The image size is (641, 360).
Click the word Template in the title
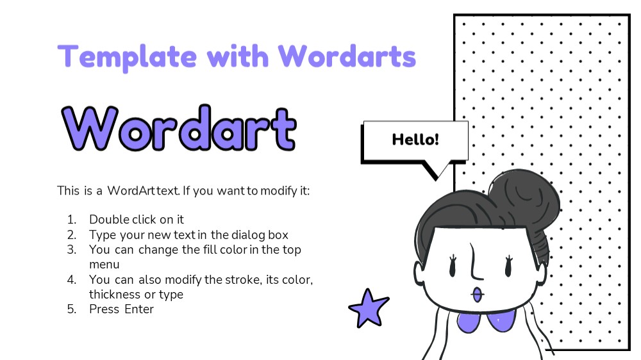tap(127, 57)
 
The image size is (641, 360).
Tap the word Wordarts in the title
tap(347, 56)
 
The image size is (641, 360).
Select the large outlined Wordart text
tap(179, 128)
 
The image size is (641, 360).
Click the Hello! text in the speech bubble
tap(415, 140)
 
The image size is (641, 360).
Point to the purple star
tap(368, 309)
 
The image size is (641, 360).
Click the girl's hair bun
tap(526, 196)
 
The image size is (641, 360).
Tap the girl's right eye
tap(508, 266)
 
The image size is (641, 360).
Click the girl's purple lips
tap(477, 295)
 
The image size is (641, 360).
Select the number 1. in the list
tap(72, 220)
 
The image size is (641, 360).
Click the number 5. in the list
tap(72, 309)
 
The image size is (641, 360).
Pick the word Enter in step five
tap(139, 309)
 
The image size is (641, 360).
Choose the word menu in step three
tap(104, 265)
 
